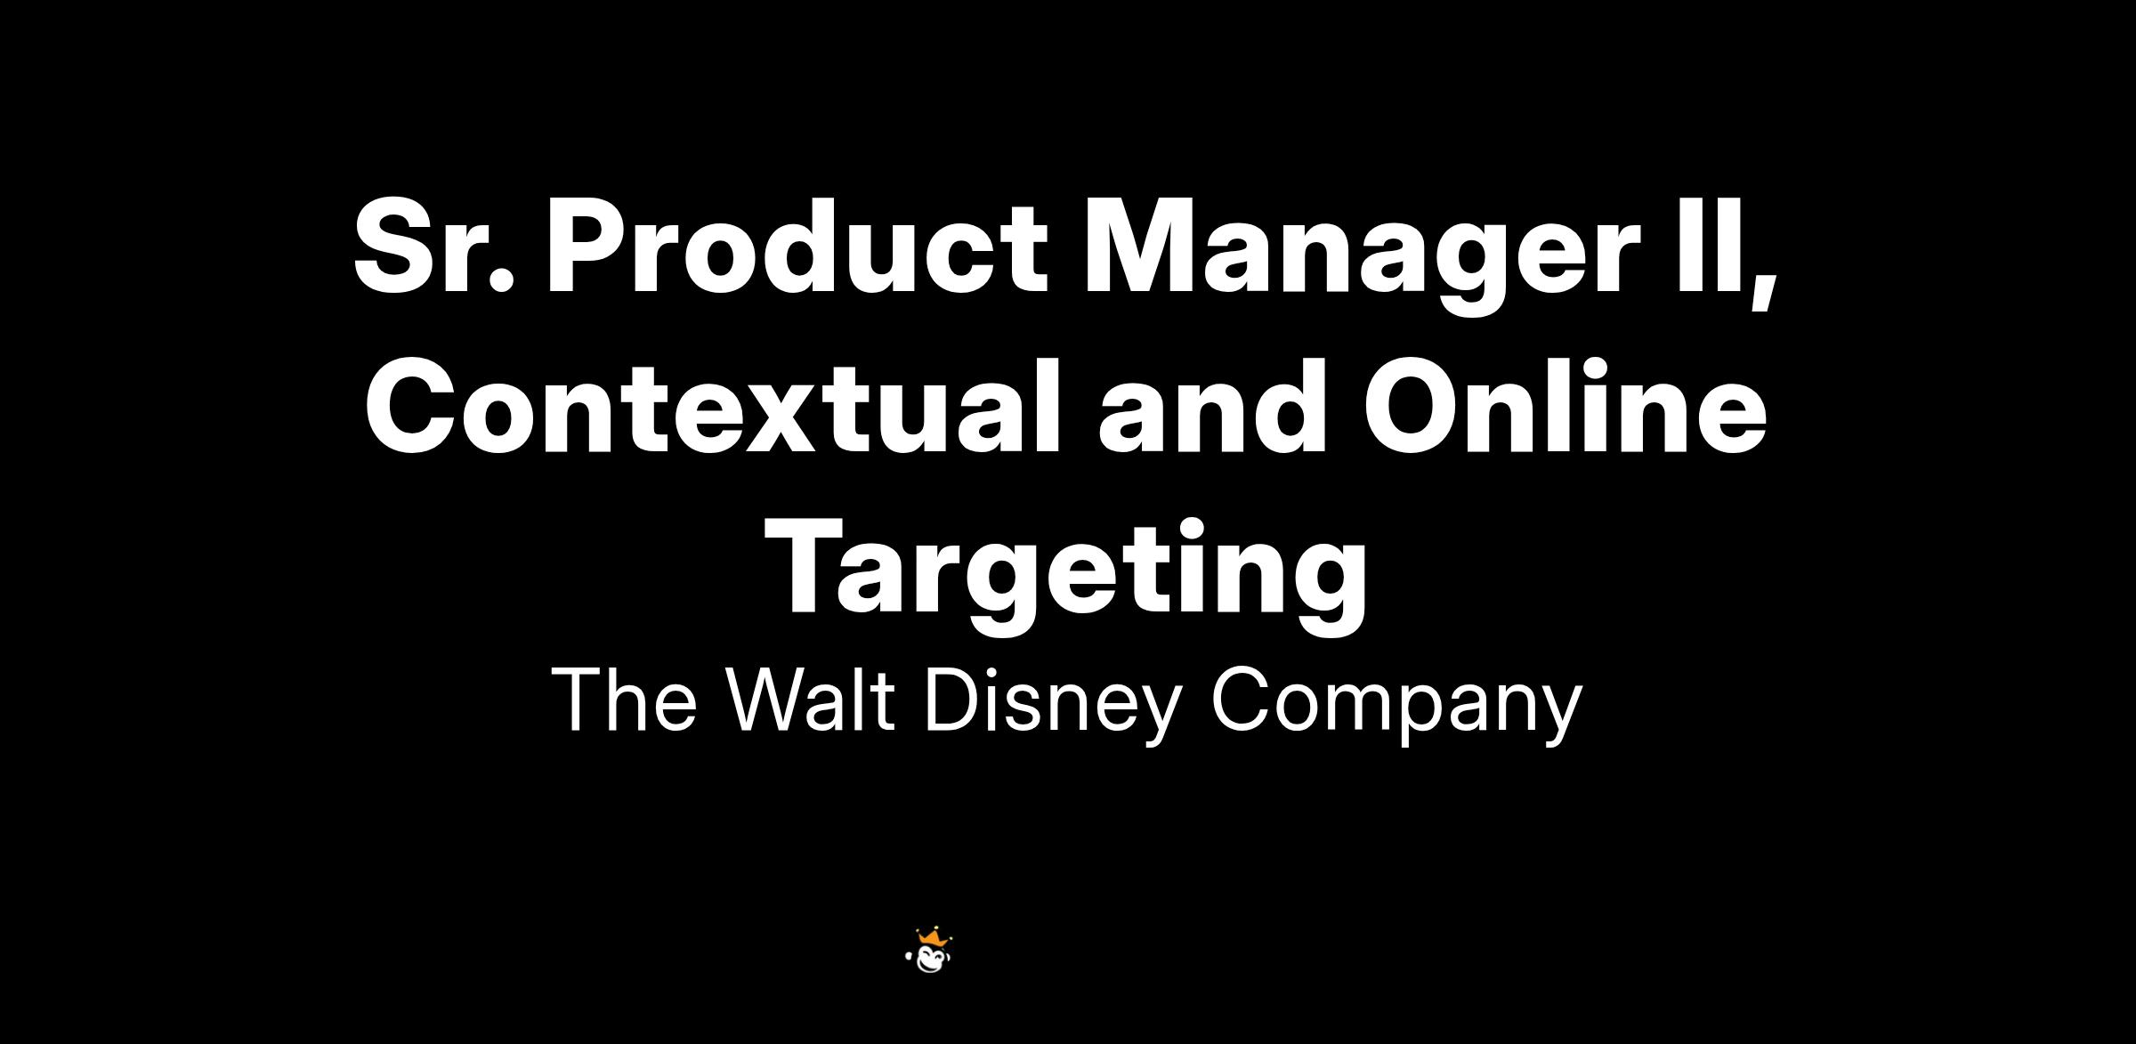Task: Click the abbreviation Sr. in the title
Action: (434, 247)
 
